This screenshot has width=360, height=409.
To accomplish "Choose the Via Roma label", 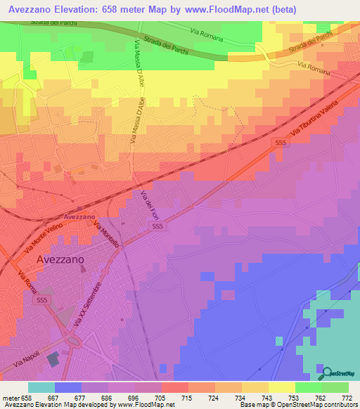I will point(27,283).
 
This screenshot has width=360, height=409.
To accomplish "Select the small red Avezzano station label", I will point(79,216).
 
